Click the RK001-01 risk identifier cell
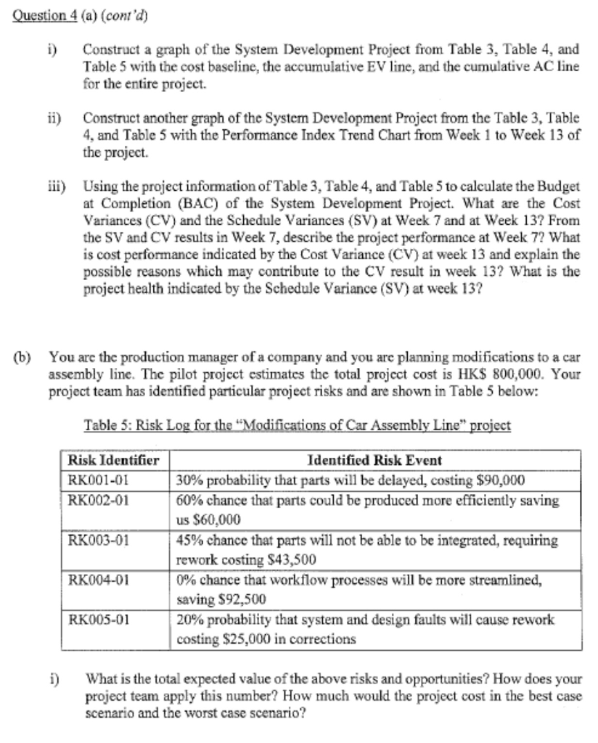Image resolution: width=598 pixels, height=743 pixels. pyautogui.click(x=98, y=480)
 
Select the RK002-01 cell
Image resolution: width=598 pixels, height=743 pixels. pyautogui.click(x=98, y=500)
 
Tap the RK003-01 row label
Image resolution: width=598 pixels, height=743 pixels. pyautogui.click(x=98, y=540)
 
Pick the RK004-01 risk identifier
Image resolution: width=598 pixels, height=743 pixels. pyautogui.click(x=98, y=580)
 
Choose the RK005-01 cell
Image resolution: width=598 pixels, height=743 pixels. pyautogui.click(x=98, y=620)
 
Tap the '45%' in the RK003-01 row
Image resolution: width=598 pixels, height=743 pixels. pyautogui.click(x=192, y=541)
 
